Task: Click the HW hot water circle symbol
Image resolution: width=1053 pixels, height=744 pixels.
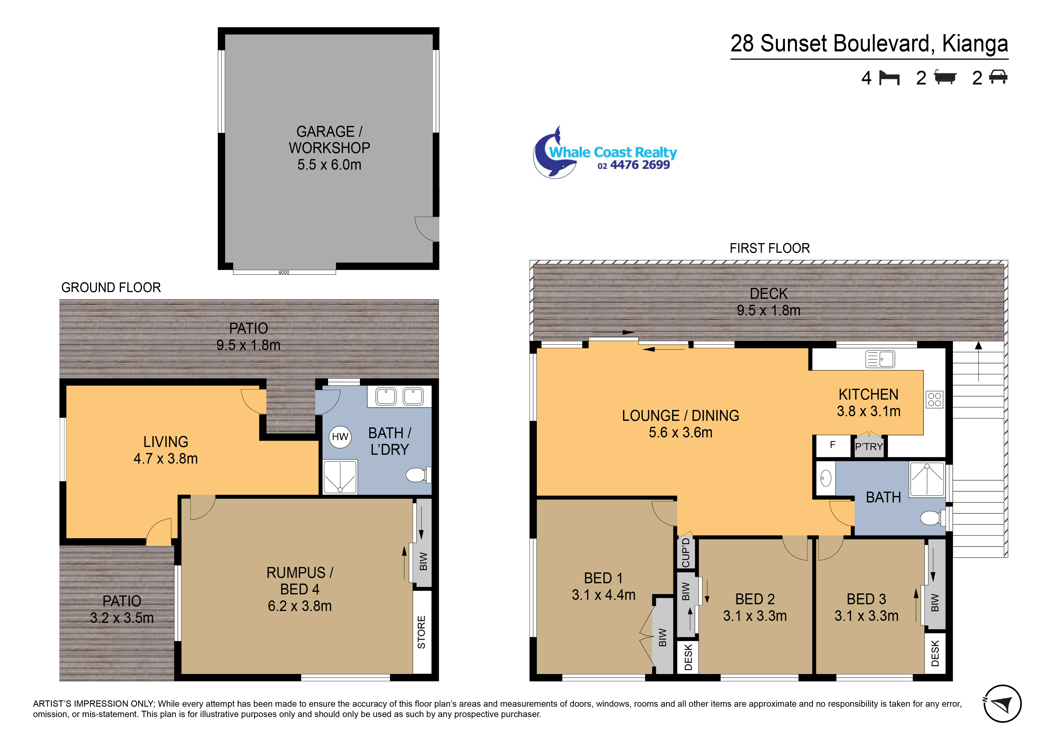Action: click(x=340, y=437)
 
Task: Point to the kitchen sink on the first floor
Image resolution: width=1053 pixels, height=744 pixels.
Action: click(x=880, y=359)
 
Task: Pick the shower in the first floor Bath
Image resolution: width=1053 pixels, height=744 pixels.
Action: click(x=927, y=480)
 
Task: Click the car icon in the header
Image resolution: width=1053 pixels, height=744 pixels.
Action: click(x=998, y=77)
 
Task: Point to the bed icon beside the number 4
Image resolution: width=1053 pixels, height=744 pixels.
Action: click(x=889, y=78)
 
